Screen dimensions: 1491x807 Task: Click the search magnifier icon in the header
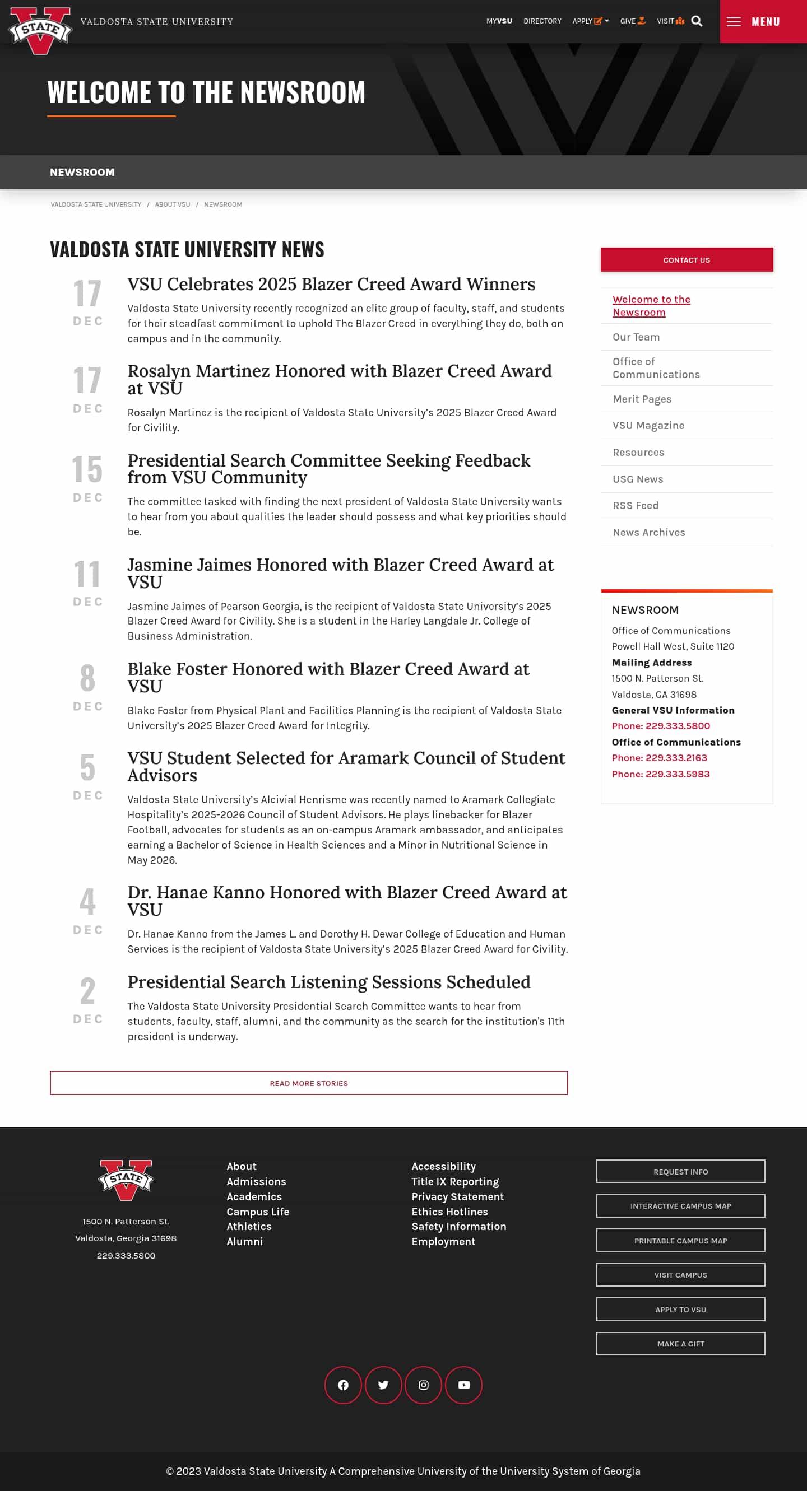[x=697, y=21]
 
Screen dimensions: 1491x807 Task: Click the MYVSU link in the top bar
[x=499, y=21]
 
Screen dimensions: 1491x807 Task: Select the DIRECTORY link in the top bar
[x=542, y=21]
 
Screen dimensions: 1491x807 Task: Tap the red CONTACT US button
[x=686, y=260]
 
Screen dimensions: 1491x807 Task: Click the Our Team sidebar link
[x=636, y=337]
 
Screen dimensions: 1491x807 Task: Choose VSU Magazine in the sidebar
[x=648, y=426]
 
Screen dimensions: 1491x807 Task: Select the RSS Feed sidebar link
[x=635, y=505]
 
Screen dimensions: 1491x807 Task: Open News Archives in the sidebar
[x=648, y=533]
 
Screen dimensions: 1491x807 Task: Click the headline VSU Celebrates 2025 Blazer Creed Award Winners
[x=331, y=284]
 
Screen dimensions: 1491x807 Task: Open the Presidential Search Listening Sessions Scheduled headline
[x=328, y=982]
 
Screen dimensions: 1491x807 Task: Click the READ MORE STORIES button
[x=308, y=1083]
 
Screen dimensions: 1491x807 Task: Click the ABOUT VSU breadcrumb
[x=172, y=205]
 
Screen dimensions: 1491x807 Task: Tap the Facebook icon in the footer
[x=343, y=1385]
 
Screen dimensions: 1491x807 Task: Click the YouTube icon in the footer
[x=463, y=1385]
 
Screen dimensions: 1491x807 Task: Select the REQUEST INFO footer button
[x=680, y=1172]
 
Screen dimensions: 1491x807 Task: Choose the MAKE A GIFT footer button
[x=680, y=1343]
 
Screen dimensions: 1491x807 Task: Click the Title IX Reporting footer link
[x=454, y=1181]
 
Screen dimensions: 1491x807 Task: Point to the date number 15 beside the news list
[x=87, y=469]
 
